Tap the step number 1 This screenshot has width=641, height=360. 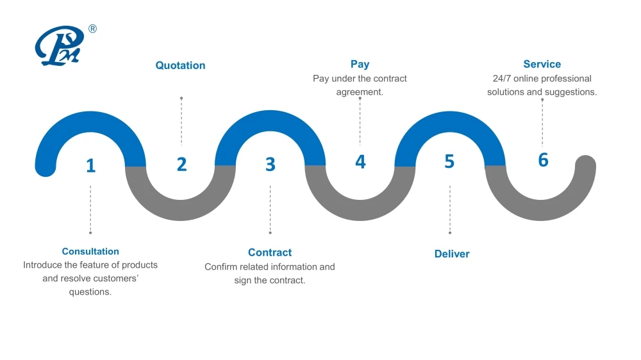point(90,166)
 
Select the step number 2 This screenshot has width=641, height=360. point(181,164)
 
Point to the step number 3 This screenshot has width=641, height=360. point(271,165)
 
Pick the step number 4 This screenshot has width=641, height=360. point(360,161)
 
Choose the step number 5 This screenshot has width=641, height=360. point(449,161)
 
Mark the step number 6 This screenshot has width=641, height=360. point(543,160)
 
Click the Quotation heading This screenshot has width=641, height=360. point(181,65)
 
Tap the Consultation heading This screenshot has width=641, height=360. point(90,252)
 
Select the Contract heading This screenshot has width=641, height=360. point(270,252)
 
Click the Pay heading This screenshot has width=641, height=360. point(360,64)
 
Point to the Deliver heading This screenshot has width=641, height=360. point(452,254)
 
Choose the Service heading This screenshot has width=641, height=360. point(542,64)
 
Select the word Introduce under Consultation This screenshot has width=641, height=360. point(42,265)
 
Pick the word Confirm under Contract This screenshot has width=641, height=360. point(221,266)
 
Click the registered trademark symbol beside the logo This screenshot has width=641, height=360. point(92,29)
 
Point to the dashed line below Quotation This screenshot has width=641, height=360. point(181,122)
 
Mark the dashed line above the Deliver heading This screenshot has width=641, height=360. point(450,209)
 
